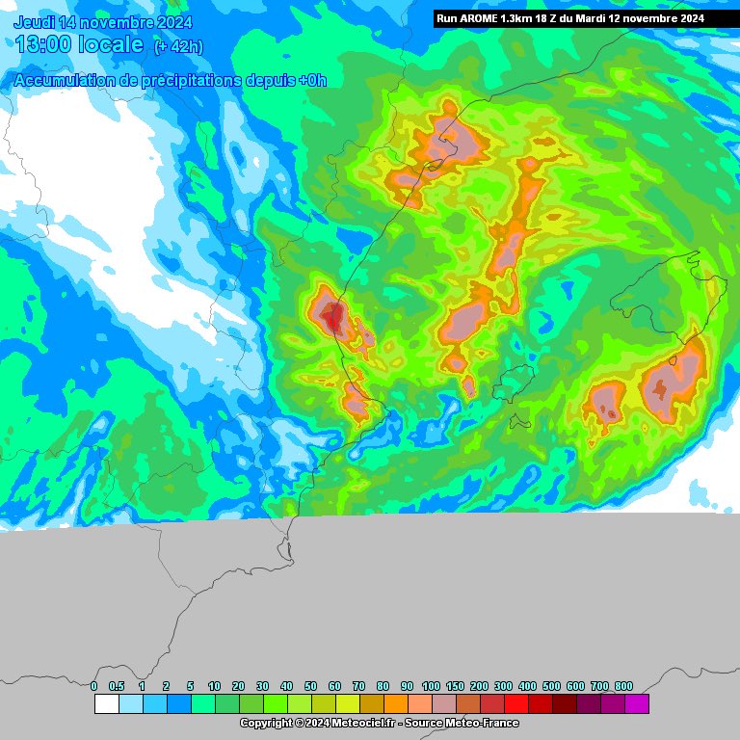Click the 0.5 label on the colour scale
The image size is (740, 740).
tap(117, 686)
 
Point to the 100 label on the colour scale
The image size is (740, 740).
tap(431, 686)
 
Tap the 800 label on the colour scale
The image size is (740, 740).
tap(623, 686)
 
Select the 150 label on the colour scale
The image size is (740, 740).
tap(455, 686)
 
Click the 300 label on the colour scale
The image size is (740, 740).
tap(503, 686)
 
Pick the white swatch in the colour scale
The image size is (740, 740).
tap(106, 704)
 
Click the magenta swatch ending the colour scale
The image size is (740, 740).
tap(637, 704)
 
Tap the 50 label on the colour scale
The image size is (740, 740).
tap(310, 686)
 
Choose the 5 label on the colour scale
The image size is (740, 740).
tap(190, 686)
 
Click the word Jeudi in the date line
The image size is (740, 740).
tap(35, 22)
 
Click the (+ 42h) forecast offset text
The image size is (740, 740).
tap(178, 46)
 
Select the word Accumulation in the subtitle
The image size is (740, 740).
tap(62, 81)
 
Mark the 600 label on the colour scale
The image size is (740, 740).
tap(575, 686)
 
